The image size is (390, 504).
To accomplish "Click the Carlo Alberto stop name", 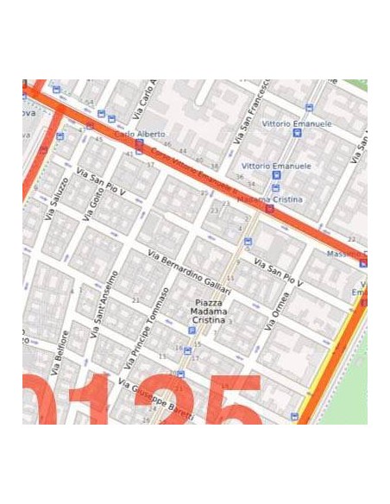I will pos(138,134).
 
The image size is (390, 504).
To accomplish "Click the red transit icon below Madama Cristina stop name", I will pos(270,209).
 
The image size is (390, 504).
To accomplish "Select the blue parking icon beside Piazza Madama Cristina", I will pos(192,331).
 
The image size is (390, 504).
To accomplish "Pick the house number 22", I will pos(351,239).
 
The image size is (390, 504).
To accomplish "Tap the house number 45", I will pos(98,140).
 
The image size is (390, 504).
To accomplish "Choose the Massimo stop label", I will pos(347,255).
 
